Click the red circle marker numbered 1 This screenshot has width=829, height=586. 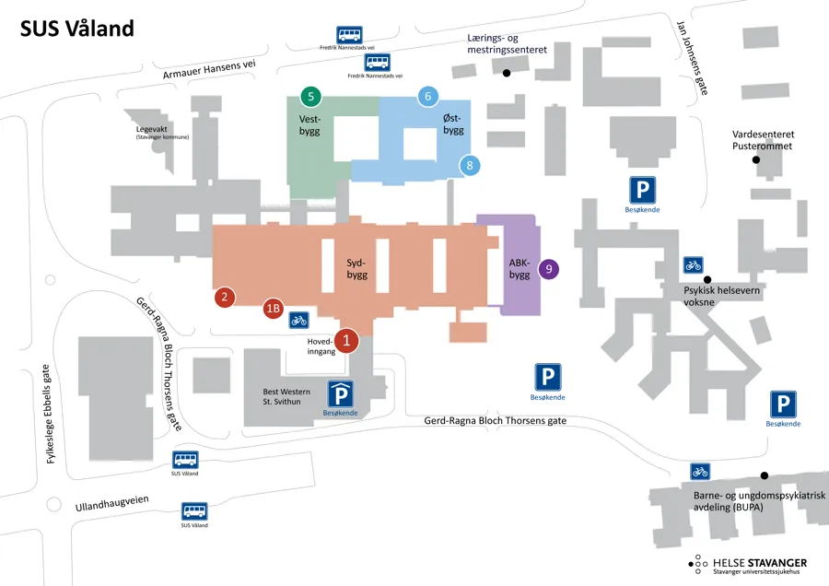coord(347,341)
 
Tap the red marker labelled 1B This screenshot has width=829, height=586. coord(274,309)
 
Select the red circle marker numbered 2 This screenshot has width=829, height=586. coord(225,297)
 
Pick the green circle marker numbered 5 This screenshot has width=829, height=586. coord(311,96)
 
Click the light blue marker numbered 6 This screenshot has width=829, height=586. coord(427,96)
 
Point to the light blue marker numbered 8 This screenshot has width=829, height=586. coord(470,166)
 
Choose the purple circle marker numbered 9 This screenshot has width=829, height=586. coord(549,269)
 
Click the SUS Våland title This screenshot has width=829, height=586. coord(77,29)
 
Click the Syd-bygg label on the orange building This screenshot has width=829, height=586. coord(356,269)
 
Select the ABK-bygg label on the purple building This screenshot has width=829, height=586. coord(520,269)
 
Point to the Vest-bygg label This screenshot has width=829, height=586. coord(309,124)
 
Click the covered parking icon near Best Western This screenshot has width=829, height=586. coord(341,394)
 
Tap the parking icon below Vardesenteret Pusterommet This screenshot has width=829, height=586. coord(642,190)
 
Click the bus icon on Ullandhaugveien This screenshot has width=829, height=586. coord(194,511)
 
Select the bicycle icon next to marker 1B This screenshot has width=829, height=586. coord(298,320)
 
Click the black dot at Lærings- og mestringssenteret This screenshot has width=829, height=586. coord(507,73)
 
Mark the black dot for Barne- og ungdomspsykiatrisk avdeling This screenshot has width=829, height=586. coord(764,475)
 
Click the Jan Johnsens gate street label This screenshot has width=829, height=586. coord(692,58)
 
